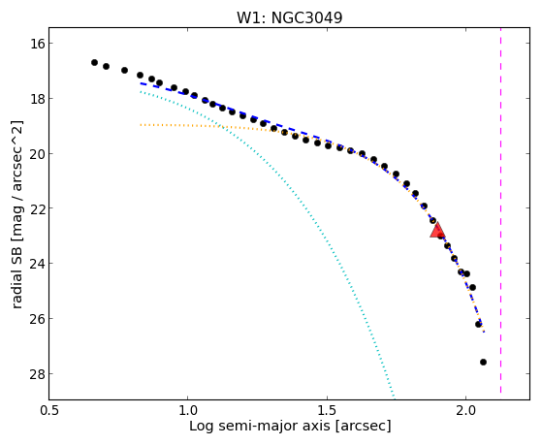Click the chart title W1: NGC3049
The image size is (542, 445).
(289, 17)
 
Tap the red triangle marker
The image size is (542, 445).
(437, 230)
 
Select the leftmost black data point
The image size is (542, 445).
(94, 63)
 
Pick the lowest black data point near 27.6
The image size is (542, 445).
(483, 362)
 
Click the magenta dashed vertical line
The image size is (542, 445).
(500, 210)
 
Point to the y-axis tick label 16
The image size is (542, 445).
(37, 44)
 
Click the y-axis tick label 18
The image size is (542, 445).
(37, 99)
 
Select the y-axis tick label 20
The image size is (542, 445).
(37, 154)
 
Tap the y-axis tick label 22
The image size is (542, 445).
(37, 208)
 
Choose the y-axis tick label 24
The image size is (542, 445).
(37, 264)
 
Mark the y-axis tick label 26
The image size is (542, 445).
(37, 318)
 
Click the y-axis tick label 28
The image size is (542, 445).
(37, 374)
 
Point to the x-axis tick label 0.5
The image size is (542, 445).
(49, 410)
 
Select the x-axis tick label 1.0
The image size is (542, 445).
(188, 410)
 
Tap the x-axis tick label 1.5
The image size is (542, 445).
(327, 410)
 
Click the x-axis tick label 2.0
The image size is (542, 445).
(466, 410)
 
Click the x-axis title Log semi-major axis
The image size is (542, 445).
(260, 427)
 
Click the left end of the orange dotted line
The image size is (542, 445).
(141, 124)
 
